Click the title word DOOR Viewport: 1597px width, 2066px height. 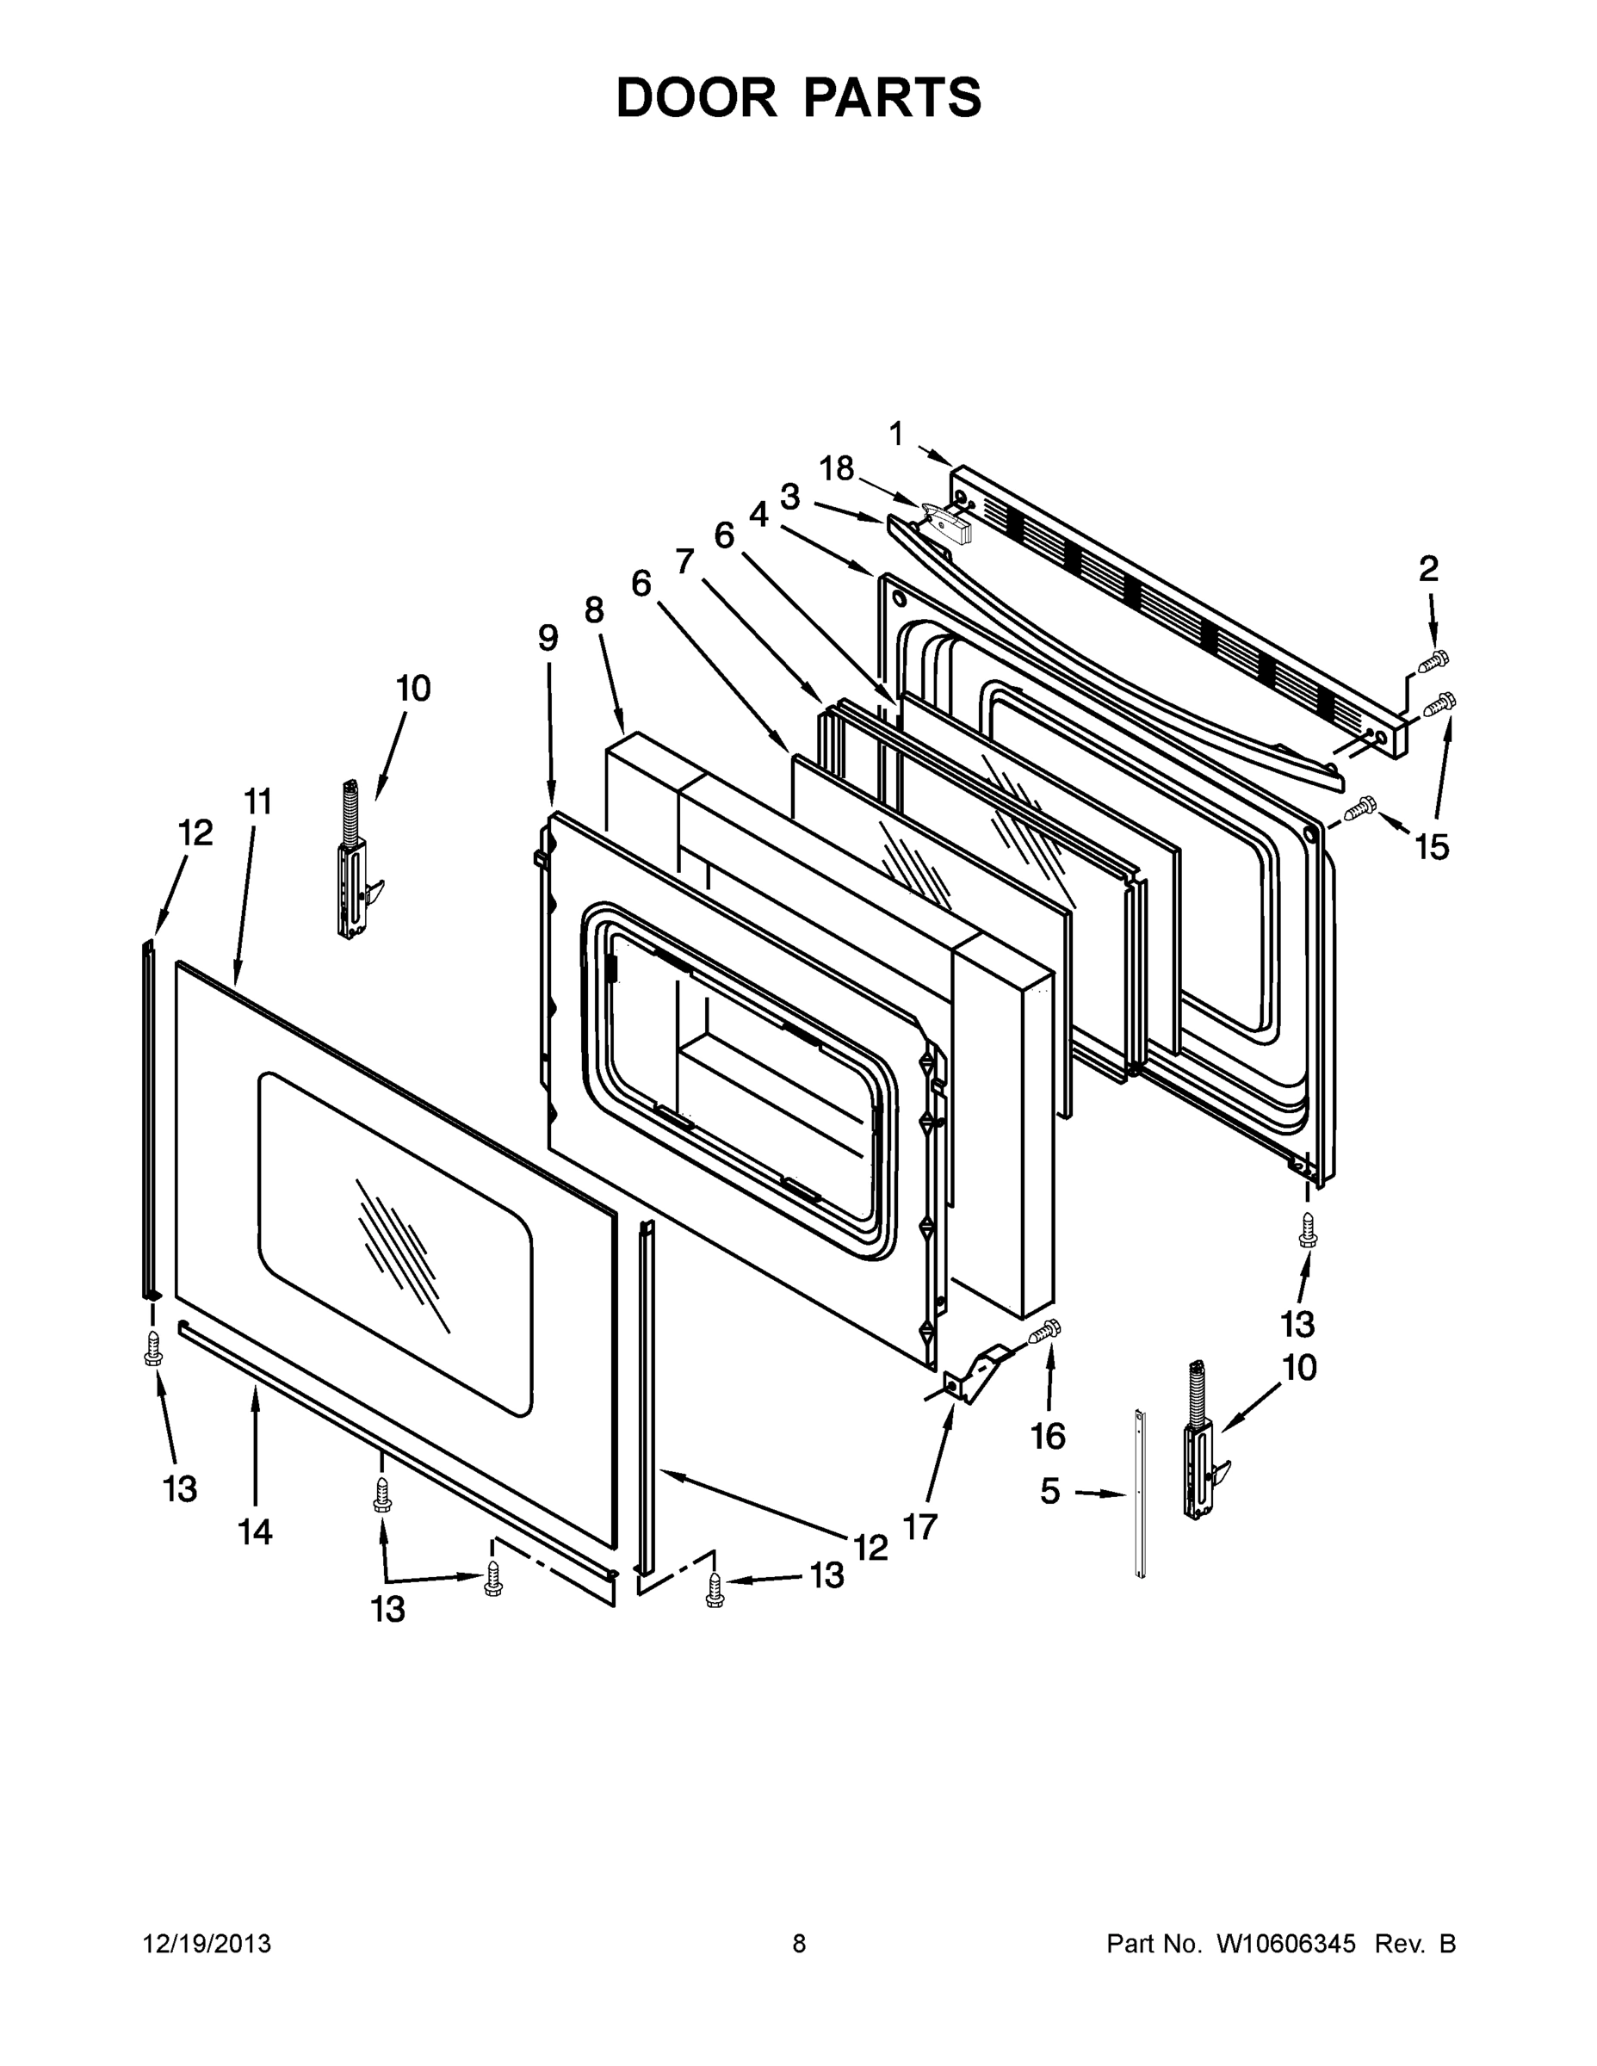click(x=696, y=98)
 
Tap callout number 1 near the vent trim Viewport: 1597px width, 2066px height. click(x=896, y=434)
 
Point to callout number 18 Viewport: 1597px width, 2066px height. click(x=836, y=468)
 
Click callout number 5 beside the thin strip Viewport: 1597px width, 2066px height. click(x=1050, y=1492)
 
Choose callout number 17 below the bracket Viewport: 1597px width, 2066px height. click(x=919, y=1526)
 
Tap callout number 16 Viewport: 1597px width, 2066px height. click(x=1049, y=1436)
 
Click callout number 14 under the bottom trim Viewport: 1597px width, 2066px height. click(x=256, y=1531)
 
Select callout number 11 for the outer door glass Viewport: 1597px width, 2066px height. click(x=257, y=801)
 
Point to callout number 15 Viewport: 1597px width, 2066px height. click(x=1433, y=848)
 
